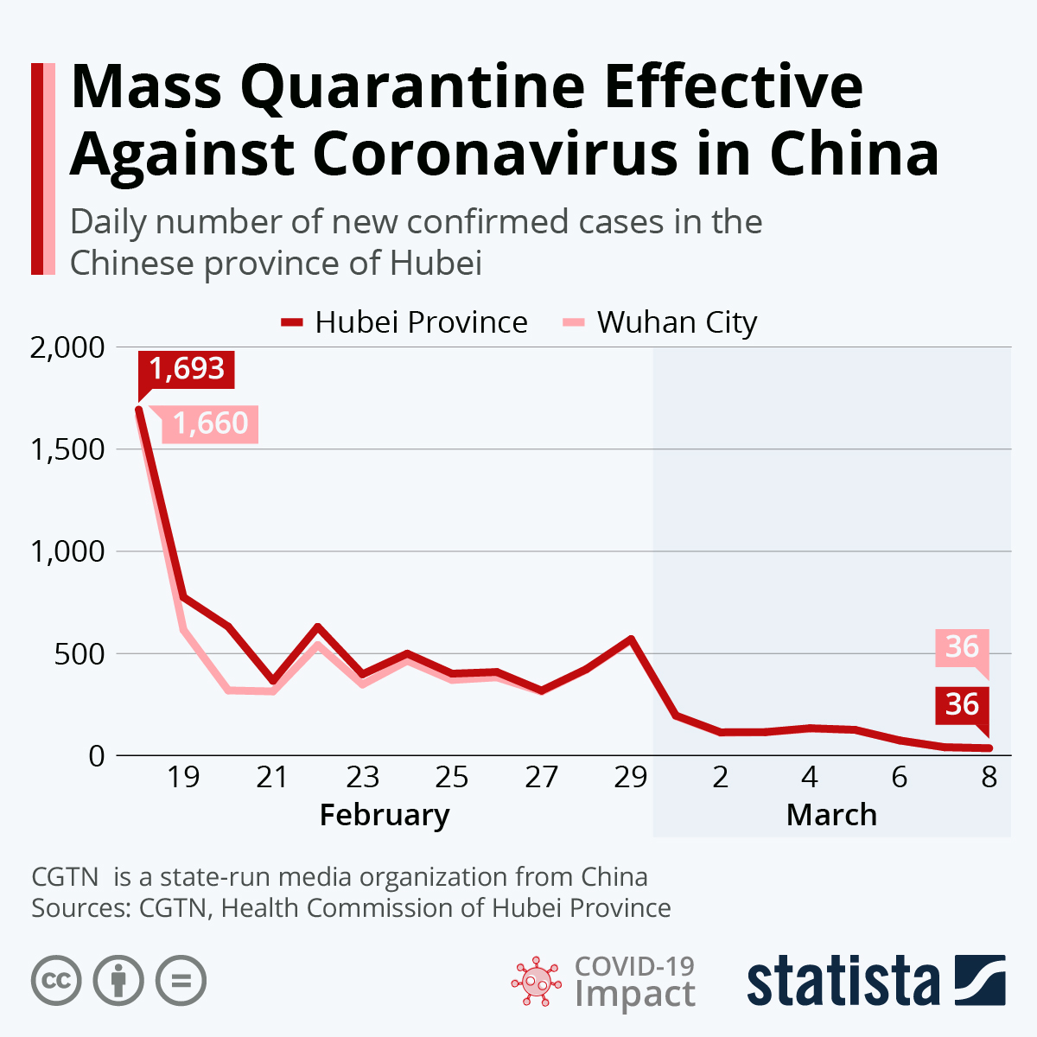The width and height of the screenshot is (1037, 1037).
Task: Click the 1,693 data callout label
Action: (187, 369)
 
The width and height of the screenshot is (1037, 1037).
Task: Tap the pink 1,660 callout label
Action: (210, 423)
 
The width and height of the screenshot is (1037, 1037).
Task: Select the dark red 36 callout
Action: (962, 704)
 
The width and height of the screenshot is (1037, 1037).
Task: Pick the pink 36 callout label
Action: (962, 646)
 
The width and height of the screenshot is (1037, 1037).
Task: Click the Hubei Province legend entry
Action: (404, 322)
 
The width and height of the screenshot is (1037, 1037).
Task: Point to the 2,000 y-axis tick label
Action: (67, 347)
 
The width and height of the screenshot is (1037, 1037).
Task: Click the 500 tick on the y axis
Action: (80, 654)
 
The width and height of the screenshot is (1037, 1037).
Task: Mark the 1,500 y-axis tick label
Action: (67, 449)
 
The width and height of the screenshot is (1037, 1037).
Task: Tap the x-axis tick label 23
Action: (362, 777)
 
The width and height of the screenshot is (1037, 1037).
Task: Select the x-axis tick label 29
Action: (631, 777)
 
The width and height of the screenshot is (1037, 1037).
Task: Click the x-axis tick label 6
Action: (900, 777)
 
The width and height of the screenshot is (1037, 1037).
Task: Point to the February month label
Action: (385, 815)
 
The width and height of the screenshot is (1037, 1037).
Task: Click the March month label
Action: (831, 815)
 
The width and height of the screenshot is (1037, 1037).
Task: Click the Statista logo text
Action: (843, 982)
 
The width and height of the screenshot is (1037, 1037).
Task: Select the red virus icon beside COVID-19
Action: (536, 982)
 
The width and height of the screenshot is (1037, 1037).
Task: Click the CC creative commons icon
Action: (56, 982)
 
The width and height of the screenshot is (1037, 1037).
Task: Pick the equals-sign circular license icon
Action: (181, 982)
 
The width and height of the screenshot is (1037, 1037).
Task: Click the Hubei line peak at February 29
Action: (631, 639)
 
